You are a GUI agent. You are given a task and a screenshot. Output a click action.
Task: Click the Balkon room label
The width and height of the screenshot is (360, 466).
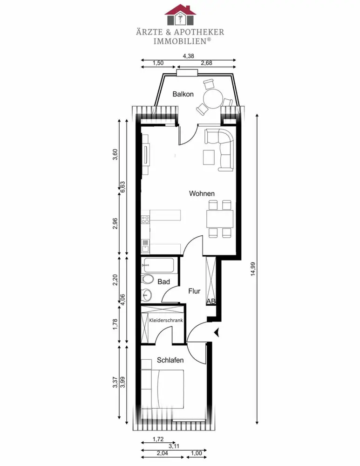[x=183, y=94]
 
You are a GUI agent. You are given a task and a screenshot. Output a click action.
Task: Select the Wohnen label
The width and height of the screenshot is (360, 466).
[x=202, y=193]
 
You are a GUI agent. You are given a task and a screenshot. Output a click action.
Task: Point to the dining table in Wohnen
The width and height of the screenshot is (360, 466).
[x=220, y=219]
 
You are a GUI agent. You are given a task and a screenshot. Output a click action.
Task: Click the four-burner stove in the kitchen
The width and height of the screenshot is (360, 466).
[x=145, y=219]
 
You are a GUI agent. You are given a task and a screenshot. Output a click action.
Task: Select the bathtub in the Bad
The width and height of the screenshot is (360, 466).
[x=159, y=265]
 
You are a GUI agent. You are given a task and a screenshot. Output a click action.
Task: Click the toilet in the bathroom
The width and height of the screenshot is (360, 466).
[x=147, y=279]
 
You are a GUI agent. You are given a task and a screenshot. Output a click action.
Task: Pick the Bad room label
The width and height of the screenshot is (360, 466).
[x=163, y=282]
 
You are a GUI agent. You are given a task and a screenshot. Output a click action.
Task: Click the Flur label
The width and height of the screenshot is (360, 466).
[x=194, y=291]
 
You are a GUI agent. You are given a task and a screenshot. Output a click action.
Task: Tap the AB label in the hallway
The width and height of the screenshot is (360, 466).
[x=211, y=302]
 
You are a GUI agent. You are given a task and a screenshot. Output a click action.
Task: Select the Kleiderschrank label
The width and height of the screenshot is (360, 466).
[x=166, y=321]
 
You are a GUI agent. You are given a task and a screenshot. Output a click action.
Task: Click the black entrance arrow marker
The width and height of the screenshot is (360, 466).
[x=217, y=333]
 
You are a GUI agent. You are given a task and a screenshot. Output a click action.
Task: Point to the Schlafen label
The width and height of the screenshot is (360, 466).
[x=170, y=360]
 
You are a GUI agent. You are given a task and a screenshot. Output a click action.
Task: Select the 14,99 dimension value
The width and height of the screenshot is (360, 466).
[x=253, y=269]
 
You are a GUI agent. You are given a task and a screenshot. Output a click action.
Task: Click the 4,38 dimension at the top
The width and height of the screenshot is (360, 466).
[x=189, y=56]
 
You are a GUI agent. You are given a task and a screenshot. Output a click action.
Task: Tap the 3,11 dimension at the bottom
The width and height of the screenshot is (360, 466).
[x=174, y=446]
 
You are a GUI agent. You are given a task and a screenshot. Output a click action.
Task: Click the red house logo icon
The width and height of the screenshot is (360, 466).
[x=180, y=14]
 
